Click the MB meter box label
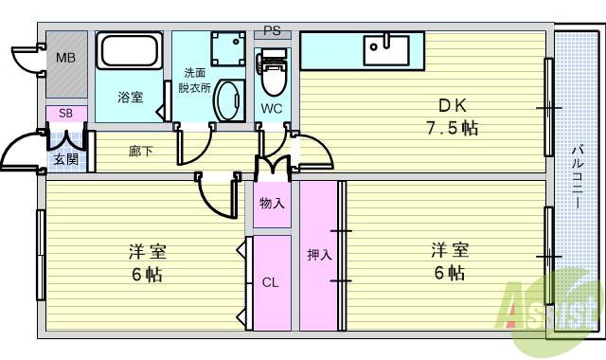point(65,58)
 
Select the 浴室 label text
point(131,97)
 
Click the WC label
point(273,108)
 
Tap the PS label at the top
point(272,30)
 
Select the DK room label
point(451,106)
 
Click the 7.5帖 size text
point(451,128)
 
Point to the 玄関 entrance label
point(65,158)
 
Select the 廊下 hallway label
point(140,151)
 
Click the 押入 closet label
point(319,256)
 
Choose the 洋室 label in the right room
point(451,250)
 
